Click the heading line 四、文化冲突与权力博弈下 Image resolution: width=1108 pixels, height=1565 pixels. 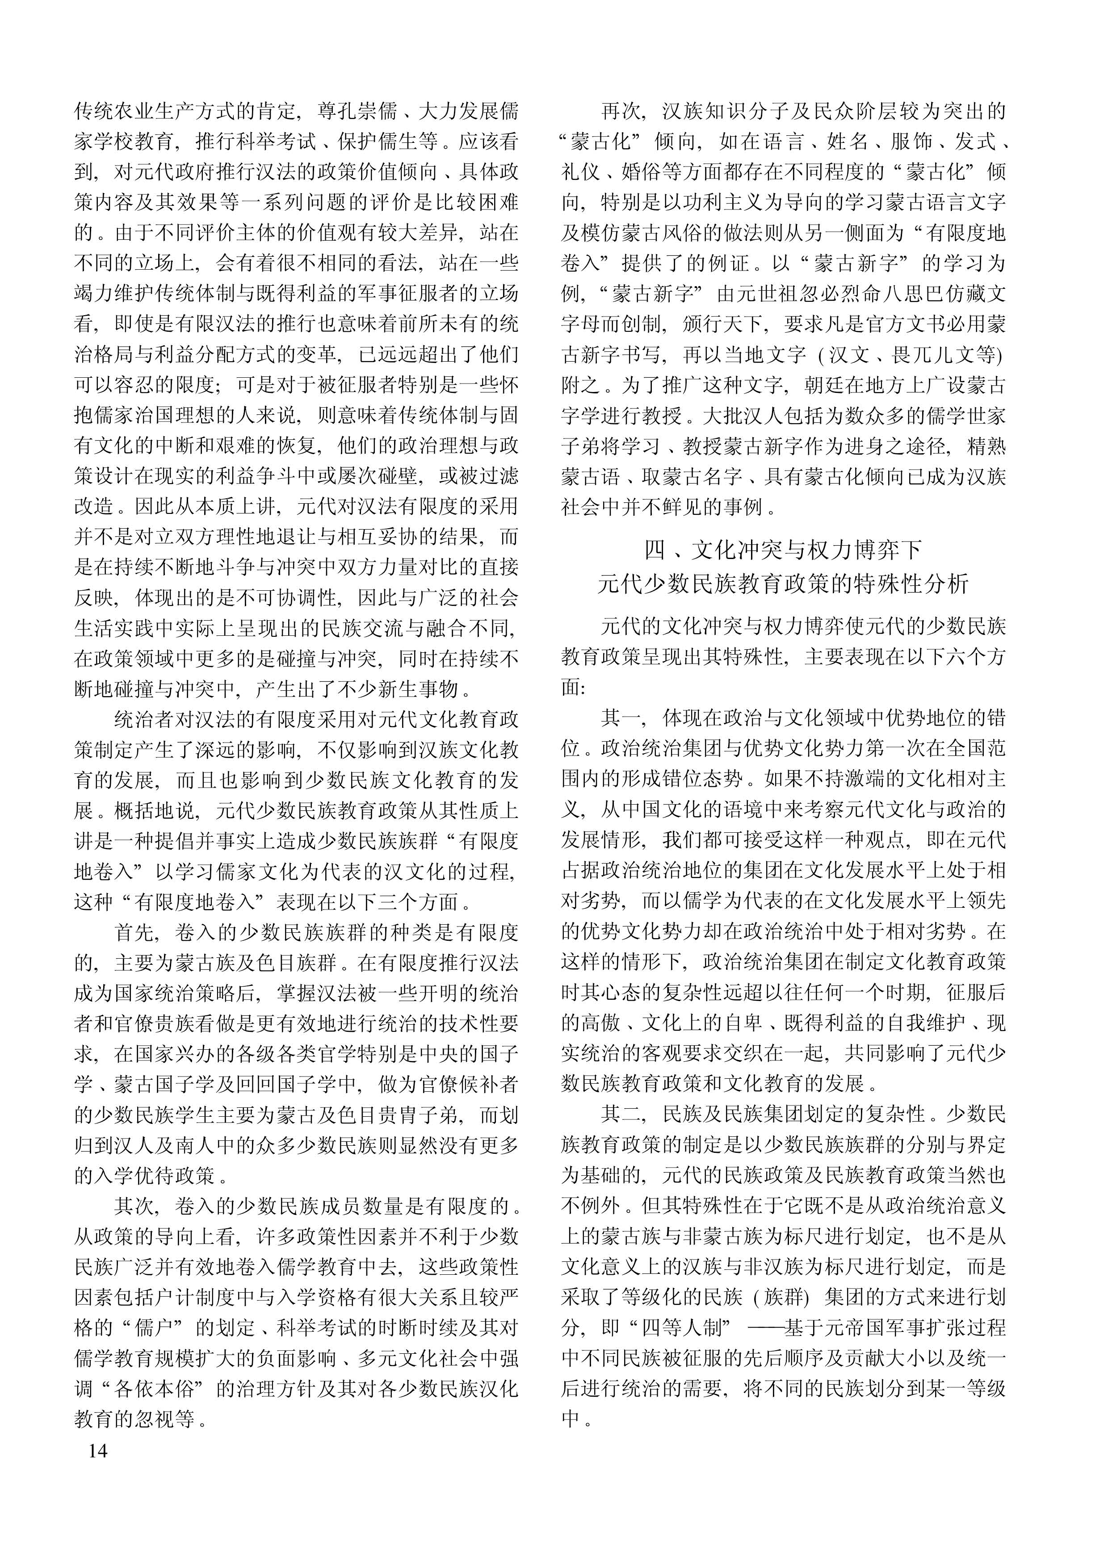(783, 550)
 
